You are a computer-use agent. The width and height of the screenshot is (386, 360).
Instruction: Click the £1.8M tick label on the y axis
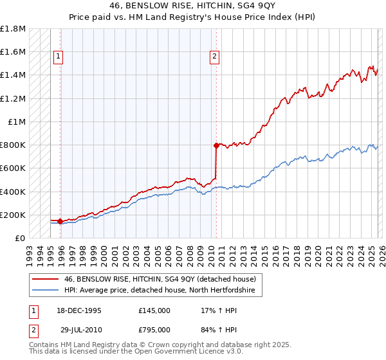click(x=13, y=29)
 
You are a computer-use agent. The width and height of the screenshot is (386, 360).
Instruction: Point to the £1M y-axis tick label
click(x=17, y=122)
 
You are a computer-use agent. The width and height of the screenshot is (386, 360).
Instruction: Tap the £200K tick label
click(x=13, y=215)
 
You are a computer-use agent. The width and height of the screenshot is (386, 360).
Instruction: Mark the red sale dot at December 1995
click(x=60, y=221)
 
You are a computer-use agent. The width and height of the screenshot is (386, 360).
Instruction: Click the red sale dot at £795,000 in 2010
click(x=217, y=145)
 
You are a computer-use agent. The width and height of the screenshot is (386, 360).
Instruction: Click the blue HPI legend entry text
click(x=160, y=291)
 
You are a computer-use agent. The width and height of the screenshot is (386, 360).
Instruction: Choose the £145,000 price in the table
click(x=154, y=310)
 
